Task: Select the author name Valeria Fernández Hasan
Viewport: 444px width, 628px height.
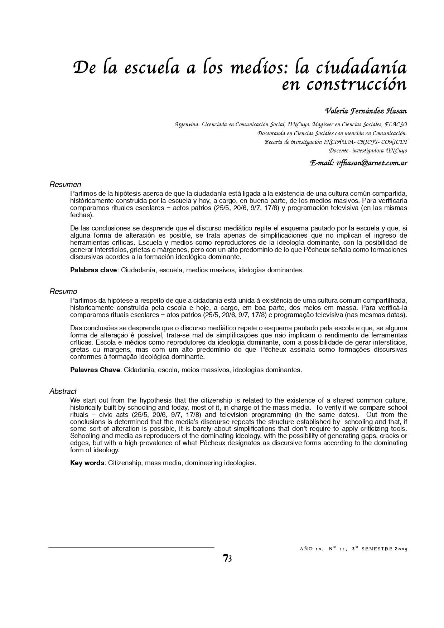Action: tap(366, 111)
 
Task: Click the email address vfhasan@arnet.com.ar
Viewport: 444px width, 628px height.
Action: tap(371, 163)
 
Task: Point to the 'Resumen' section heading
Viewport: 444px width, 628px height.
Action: tap(65, 185)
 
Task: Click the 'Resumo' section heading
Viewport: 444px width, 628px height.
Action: tap(63, 292)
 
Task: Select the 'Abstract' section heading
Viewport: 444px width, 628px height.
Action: tap(63, 391)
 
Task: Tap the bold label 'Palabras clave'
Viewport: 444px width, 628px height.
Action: tap(93, 270)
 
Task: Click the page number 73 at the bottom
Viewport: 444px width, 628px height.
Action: tap(227, 558)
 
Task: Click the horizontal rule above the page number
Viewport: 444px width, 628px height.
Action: tap(131, 547)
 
